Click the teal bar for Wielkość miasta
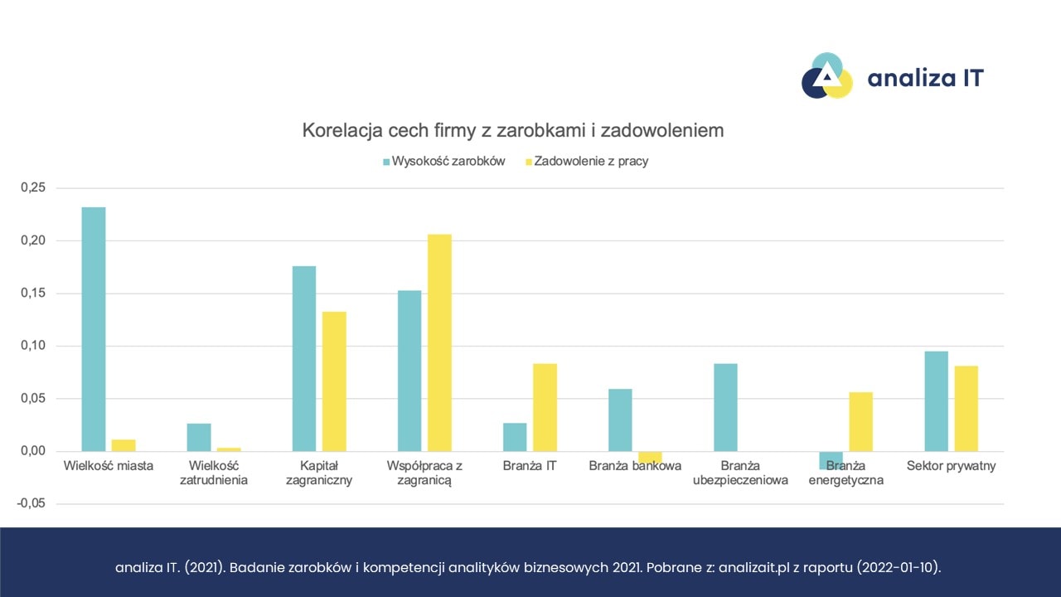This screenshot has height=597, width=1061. [94, 329]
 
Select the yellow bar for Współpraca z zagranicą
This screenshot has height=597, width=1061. [439, 342]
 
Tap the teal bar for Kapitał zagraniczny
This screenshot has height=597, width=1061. [304, 358]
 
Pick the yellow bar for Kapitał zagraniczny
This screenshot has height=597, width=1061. [334, 381]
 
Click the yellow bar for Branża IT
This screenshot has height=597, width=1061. [545, 407]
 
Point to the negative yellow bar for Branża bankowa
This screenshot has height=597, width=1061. [651, 457]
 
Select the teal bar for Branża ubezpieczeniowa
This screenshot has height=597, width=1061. [725, 407]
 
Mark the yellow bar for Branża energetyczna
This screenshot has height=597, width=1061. [860, 421]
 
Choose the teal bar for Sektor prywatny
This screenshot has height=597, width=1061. [937, 401]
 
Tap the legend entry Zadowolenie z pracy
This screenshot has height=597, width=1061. [590, 161]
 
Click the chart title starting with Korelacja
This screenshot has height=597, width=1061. [513, 130]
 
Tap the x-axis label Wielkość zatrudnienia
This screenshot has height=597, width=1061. [214, 473]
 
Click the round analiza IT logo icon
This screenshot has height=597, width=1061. [826, 77]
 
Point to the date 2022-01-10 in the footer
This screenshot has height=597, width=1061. [900, 568]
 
